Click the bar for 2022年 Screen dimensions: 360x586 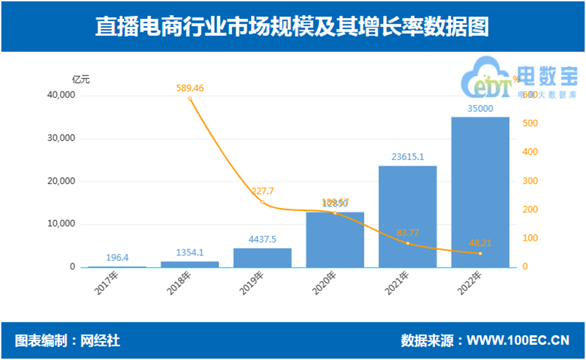click(x=480, y=192)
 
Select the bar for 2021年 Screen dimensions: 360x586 click(x=407, y=216)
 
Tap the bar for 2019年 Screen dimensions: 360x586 click(x=262, y=258)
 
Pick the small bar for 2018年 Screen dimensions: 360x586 click(x=189, y=264)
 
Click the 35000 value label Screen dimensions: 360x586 click(x=480, y=109)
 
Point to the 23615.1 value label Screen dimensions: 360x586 click(x=407, y=157)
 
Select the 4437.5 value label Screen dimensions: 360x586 click(x=262, y=239)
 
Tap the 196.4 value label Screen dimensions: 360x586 click(x=117, y=258)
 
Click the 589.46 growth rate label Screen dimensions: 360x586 click(x=190, y=88)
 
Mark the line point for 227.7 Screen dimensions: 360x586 click(x=262, y=202)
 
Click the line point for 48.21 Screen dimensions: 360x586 click(x=480, y=253)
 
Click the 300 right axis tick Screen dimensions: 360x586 click(x=530, y=181)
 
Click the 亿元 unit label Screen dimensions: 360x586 click(x=81, y=79)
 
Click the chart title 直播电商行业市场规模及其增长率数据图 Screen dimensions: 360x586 click(x=292, y=26)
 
